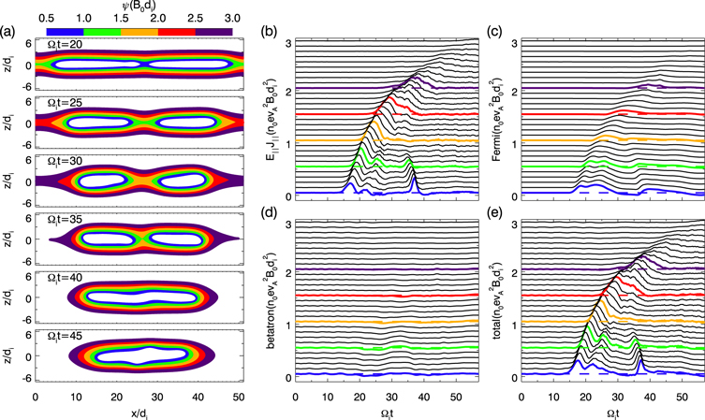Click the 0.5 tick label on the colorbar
49,17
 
